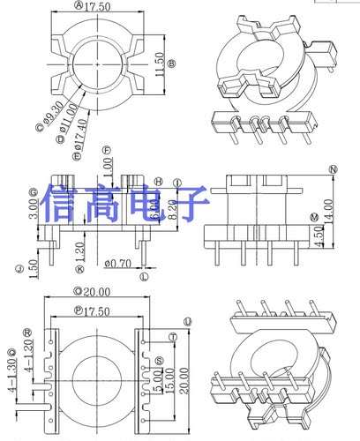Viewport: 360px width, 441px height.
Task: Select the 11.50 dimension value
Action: [159, 63]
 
